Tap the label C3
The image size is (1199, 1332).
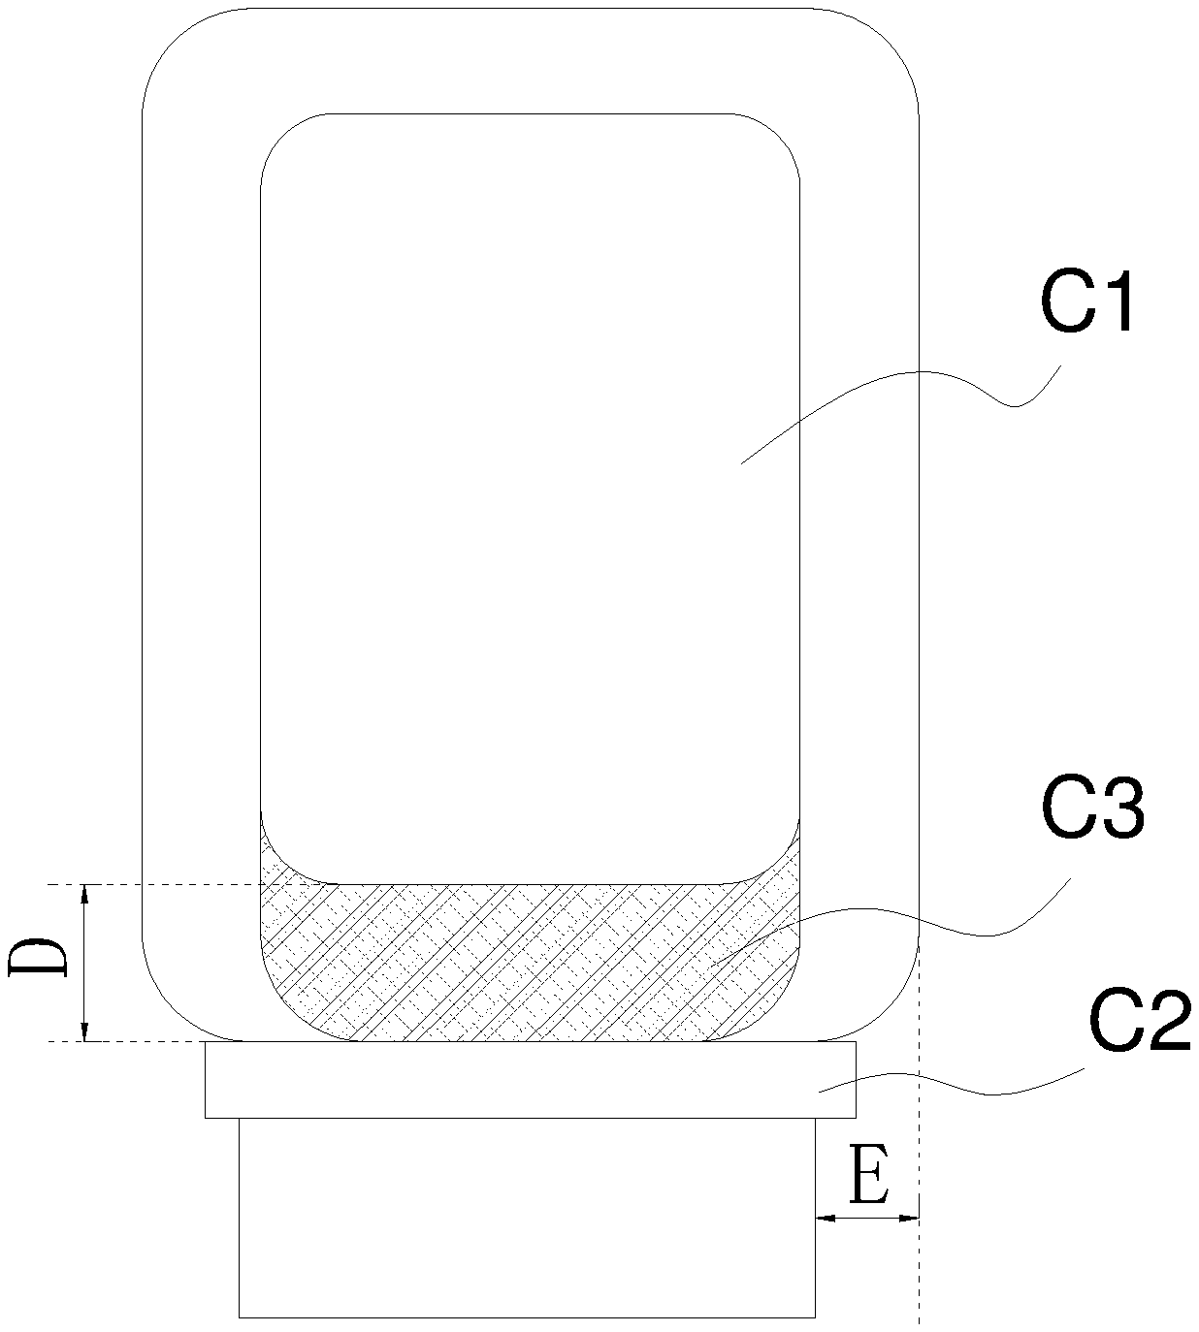pyautogui.click(x=1092, y=811)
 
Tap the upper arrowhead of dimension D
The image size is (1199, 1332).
pyautogui.click(x=83, y=894)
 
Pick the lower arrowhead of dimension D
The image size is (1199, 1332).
pyautogui.click(x=83, y=1031)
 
